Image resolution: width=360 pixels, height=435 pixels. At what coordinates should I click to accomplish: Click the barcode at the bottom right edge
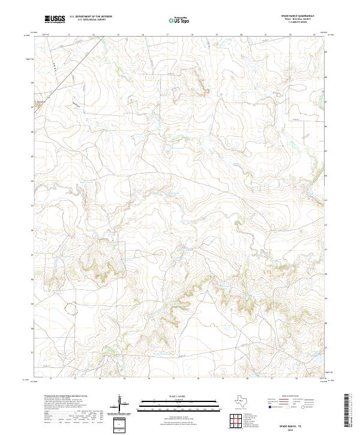[x=350, y=412]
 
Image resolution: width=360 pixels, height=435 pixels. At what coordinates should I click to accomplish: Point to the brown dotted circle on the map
[x=71, y=308]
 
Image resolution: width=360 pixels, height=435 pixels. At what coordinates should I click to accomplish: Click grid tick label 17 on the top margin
[x=167, y=35]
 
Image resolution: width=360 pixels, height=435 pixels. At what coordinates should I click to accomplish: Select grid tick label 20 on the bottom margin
[x=247, y=379]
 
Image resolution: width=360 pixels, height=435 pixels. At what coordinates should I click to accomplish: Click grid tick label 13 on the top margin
[x=68, y=35]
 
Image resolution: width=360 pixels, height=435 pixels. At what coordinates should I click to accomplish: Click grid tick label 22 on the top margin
[x=290, y=35]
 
